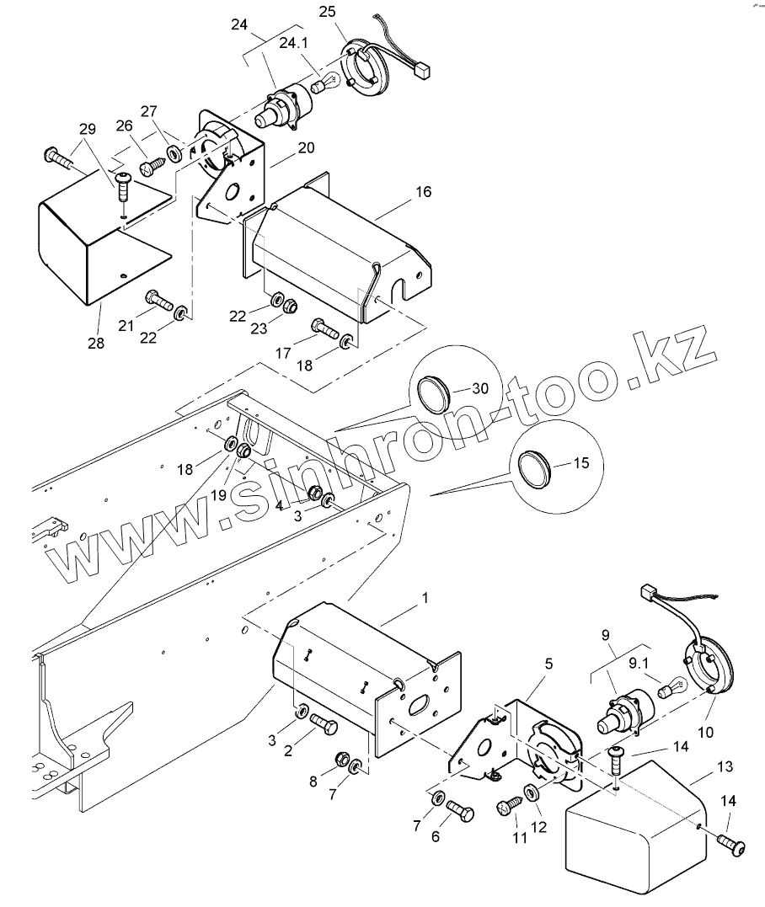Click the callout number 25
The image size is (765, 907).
click(327, 11)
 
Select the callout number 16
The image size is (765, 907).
click(423, 192)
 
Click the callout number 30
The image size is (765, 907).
click(479, 388)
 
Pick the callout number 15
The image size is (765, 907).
click(580, 462)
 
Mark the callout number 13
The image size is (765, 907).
click(725, 767)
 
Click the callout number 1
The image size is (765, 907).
click(425, 598)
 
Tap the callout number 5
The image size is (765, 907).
click(548, 664)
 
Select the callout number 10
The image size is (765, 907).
click(706, 733)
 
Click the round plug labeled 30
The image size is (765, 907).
click(436, 392)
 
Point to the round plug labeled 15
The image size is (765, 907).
click(533, 467)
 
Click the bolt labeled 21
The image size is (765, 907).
click(158, 299)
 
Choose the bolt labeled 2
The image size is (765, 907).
click(323, 723)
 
